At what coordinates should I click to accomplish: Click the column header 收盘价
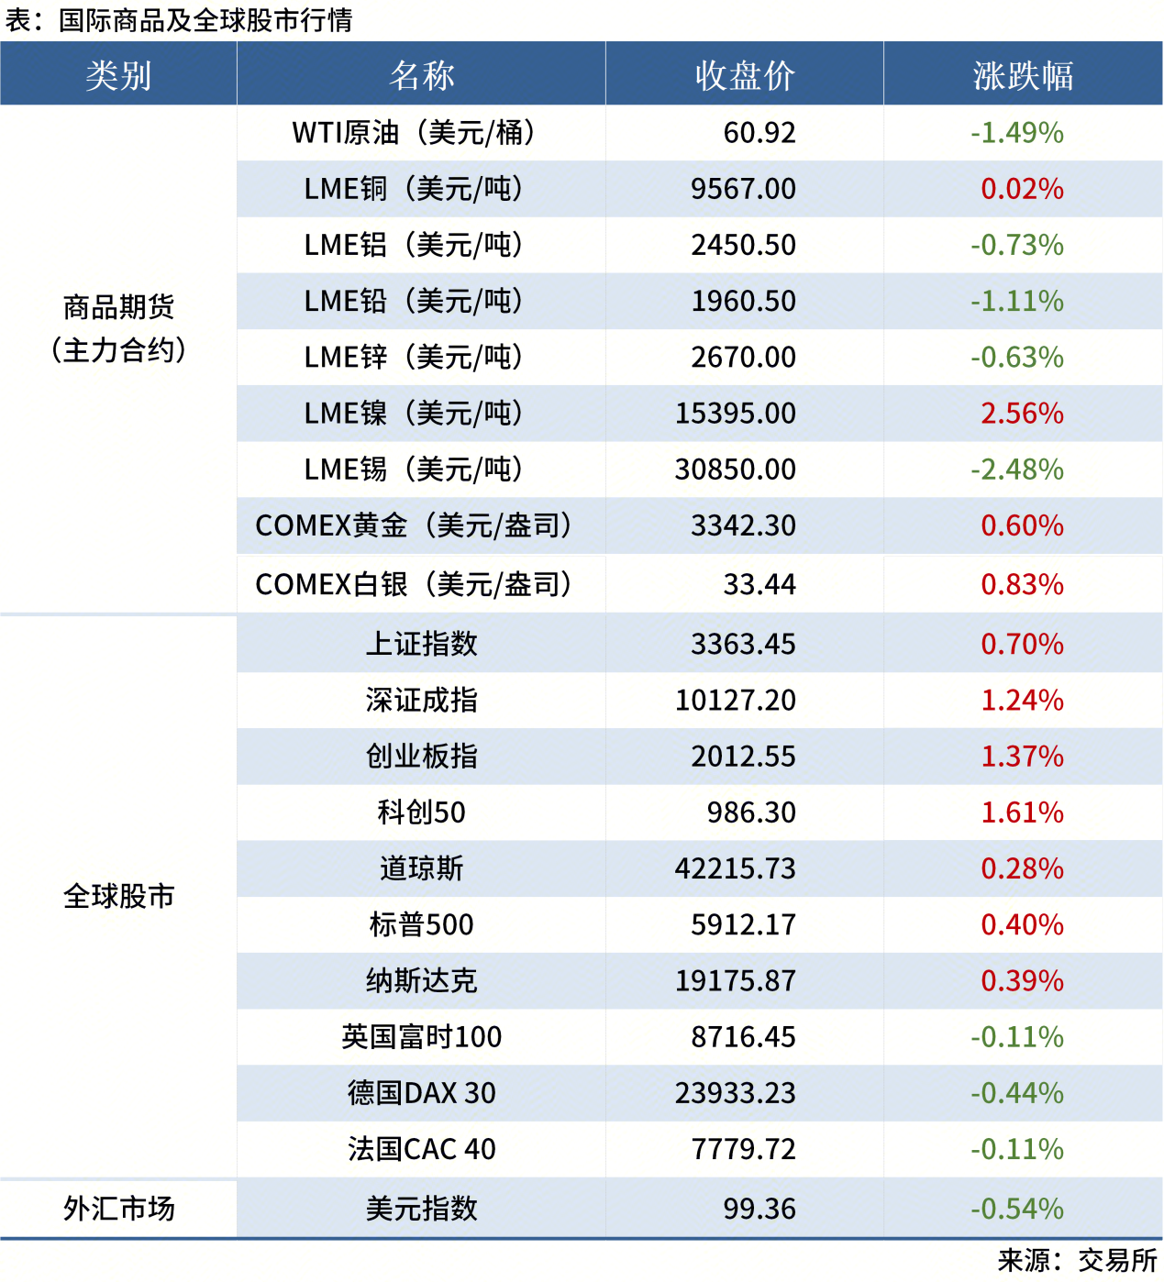point(744,75)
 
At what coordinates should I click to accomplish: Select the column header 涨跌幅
point(1023,75)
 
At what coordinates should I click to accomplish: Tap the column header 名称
point(421,75)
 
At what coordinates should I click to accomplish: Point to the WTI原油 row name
point(413,133)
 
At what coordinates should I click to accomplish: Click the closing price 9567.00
point(743,189)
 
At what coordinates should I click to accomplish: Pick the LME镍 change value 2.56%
point(1022,414)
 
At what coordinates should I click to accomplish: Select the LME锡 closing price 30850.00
point(735,470)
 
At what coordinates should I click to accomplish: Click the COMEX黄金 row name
point(413,525)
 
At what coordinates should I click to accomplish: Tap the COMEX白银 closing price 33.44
point(759,584)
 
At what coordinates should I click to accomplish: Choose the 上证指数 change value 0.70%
point(1022,644)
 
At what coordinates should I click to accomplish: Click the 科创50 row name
point(421,812)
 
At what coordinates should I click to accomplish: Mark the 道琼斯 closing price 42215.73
point(735,868)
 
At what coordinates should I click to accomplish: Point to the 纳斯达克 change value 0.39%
point(1022,981)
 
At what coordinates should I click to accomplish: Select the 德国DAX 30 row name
point(421,1093)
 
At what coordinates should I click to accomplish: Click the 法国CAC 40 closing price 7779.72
point(743,1149)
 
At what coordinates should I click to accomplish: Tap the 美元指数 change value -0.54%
point(1016,1209)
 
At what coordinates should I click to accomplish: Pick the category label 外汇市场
point(118,1209)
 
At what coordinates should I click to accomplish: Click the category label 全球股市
point(118,896)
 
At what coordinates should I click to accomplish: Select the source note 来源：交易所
point(1077,1261)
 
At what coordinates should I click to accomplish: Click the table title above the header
point(179,20)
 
